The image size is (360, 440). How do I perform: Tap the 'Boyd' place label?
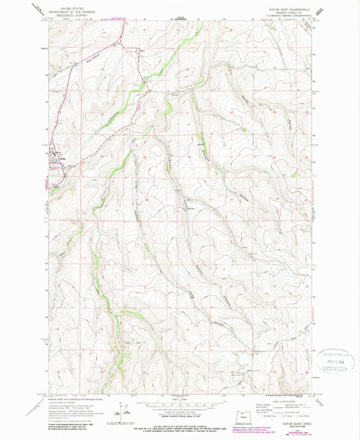tap(142, 50)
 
